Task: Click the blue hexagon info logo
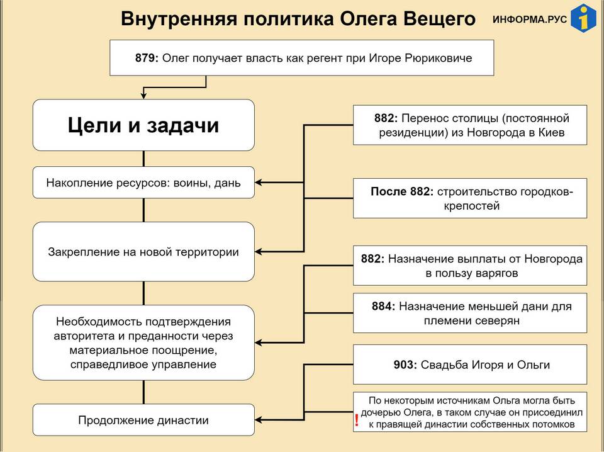tap(584, 18)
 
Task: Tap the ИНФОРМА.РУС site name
tap(530, 20)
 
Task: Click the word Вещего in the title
tap(439, 18)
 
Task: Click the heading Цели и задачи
tap(143, 125)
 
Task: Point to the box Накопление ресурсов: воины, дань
tap(143, 183)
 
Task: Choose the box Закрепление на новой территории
tap(143, 252)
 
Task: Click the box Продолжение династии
tap(143, 420)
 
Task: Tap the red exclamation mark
tap(357, 420)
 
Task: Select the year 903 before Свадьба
tap(405, 364)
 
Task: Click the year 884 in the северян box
tap(383, 307)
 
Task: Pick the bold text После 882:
tap(402, 191)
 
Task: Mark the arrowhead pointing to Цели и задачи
tap(143, 96)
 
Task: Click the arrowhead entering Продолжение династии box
tap(259, 420)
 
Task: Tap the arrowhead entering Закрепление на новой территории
tap(259, 252)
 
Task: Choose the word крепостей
tap(471, 206)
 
